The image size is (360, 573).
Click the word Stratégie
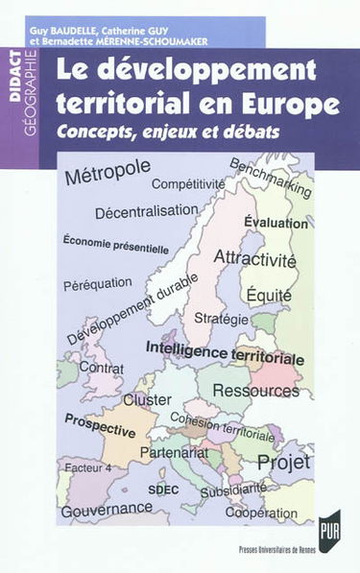(x=221, y=316)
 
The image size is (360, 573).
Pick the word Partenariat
(x=175, y=451)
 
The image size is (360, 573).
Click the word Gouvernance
(x=108, y=512)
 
